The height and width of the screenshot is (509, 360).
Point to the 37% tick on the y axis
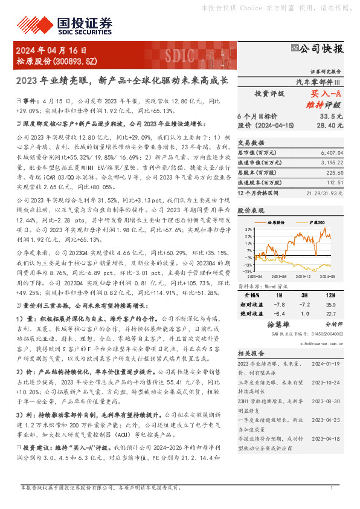(248, 230)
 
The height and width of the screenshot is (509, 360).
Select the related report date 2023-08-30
(327, 401)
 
